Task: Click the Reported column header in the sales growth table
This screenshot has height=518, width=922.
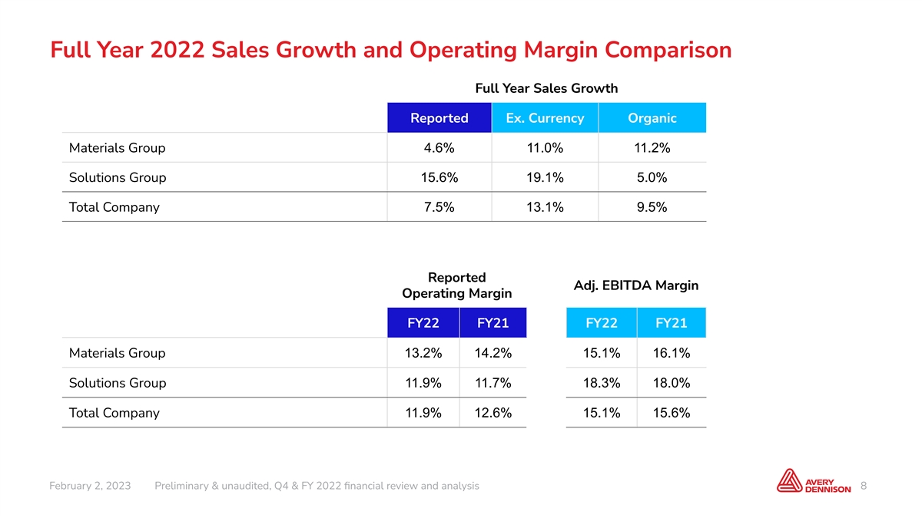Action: (439, 118)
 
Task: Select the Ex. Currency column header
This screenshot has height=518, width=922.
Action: (545, 118)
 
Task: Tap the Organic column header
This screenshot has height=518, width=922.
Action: (652, 118)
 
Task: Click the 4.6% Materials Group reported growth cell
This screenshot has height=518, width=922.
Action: (439, 148)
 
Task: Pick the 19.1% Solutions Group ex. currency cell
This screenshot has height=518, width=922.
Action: (545, 177)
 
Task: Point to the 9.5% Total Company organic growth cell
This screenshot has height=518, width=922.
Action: (652, 207)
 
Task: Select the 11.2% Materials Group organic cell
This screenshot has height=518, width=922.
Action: (652, 148)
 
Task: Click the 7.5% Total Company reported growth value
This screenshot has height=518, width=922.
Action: (439, 207)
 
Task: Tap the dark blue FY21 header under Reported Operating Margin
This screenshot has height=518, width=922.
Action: (493, 323)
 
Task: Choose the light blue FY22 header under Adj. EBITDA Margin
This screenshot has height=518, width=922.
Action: (602, 323)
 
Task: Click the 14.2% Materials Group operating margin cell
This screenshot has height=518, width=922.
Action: (493, 353)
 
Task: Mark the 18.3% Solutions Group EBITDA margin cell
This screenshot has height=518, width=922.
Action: (602, 383)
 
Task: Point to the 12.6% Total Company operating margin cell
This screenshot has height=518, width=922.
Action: (493, 413)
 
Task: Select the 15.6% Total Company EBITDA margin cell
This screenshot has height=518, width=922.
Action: (672, 413)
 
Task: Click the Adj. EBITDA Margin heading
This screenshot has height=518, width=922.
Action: (636, 285)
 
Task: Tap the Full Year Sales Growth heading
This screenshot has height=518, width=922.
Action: (546, 88)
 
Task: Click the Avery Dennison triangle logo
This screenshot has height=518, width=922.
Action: (790, 480)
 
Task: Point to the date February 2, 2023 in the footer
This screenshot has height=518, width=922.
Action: (90, 486)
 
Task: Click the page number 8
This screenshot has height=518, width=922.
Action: (864, 486)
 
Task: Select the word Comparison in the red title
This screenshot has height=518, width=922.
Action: (668, 50)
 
